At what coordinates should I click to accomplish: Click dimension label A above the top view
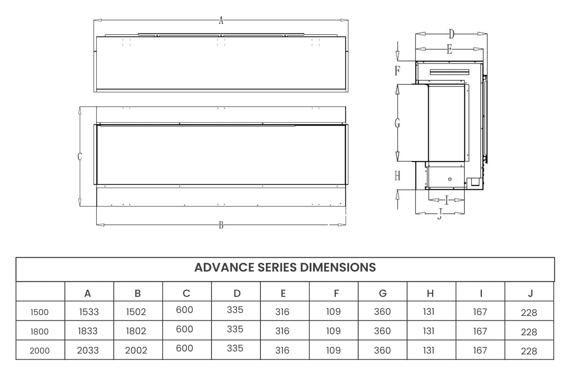point(221,20)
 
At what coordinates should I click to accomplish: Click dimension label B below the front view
point(221,225)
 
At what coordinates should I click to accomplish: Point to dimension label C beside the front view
point(80,156)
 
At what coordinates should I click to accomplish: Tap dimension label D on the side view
point(451,34)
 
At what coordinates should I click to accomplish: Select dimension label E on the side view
point(449,49)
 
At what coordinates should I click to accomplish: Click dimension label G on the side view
point(397,123)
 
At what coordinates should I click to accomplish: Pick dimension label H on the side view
point(397,176)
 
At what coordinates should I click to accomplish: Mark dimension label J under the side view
point(440,214)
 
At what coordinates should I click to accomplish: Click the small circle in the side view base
point(450,179)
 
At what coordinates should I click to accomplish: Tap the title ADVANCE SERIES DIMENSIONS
point(285,268)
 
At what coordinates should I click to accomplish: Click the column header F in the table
point(336,293)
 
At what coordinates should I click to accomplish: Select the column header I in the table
point(481,293)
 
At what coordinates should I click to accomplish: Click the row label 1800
point(40,331)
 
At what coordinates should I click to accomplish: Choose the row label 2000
point(40,350)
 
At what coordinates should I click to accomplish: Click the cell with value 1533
point(89,312)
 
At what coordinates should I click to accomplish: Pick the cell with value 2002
point(136,350)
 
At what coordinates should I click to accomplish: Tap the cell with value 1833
point(88,331)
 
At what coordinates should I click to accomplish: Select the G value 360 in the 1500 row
point(382,312)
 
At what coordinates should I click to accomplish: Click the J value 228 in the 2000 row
point(529,351)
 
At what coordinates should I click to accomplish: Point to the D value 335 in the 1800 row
point(235,329)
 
